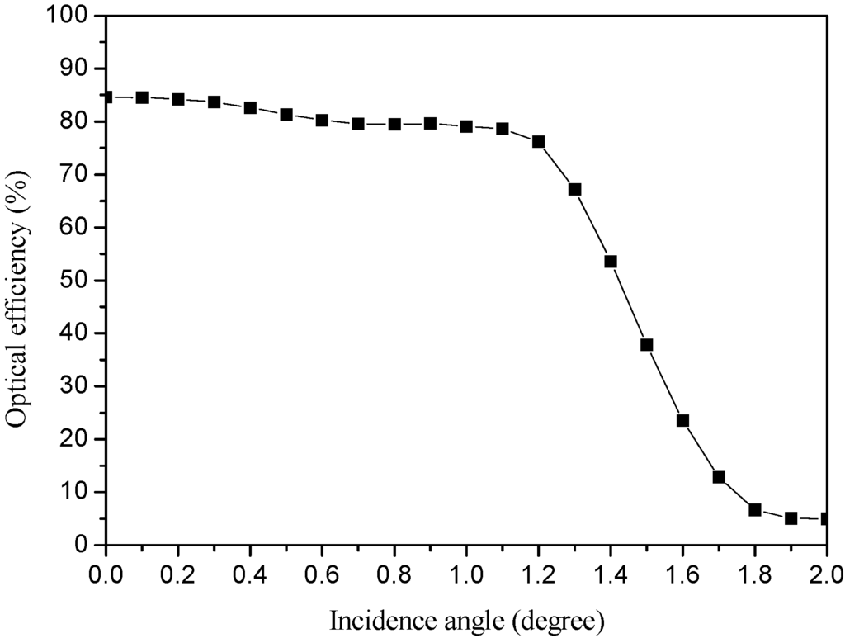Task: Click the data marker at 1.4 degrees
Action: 611,262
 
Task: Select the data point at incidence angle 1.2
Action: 538,142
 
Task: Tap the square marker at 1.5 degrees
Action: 647,345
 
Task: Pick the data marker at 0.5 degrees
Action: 286,115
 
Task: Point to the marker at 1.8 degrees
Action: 754,510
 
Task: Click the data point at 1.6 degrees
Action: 682,420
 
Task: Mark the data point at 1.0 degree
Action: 466,127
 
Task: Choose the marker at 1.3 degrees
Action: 574,190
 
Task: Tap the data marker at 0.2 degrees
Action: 177,99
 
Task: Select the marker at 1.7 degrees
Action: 719,477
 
